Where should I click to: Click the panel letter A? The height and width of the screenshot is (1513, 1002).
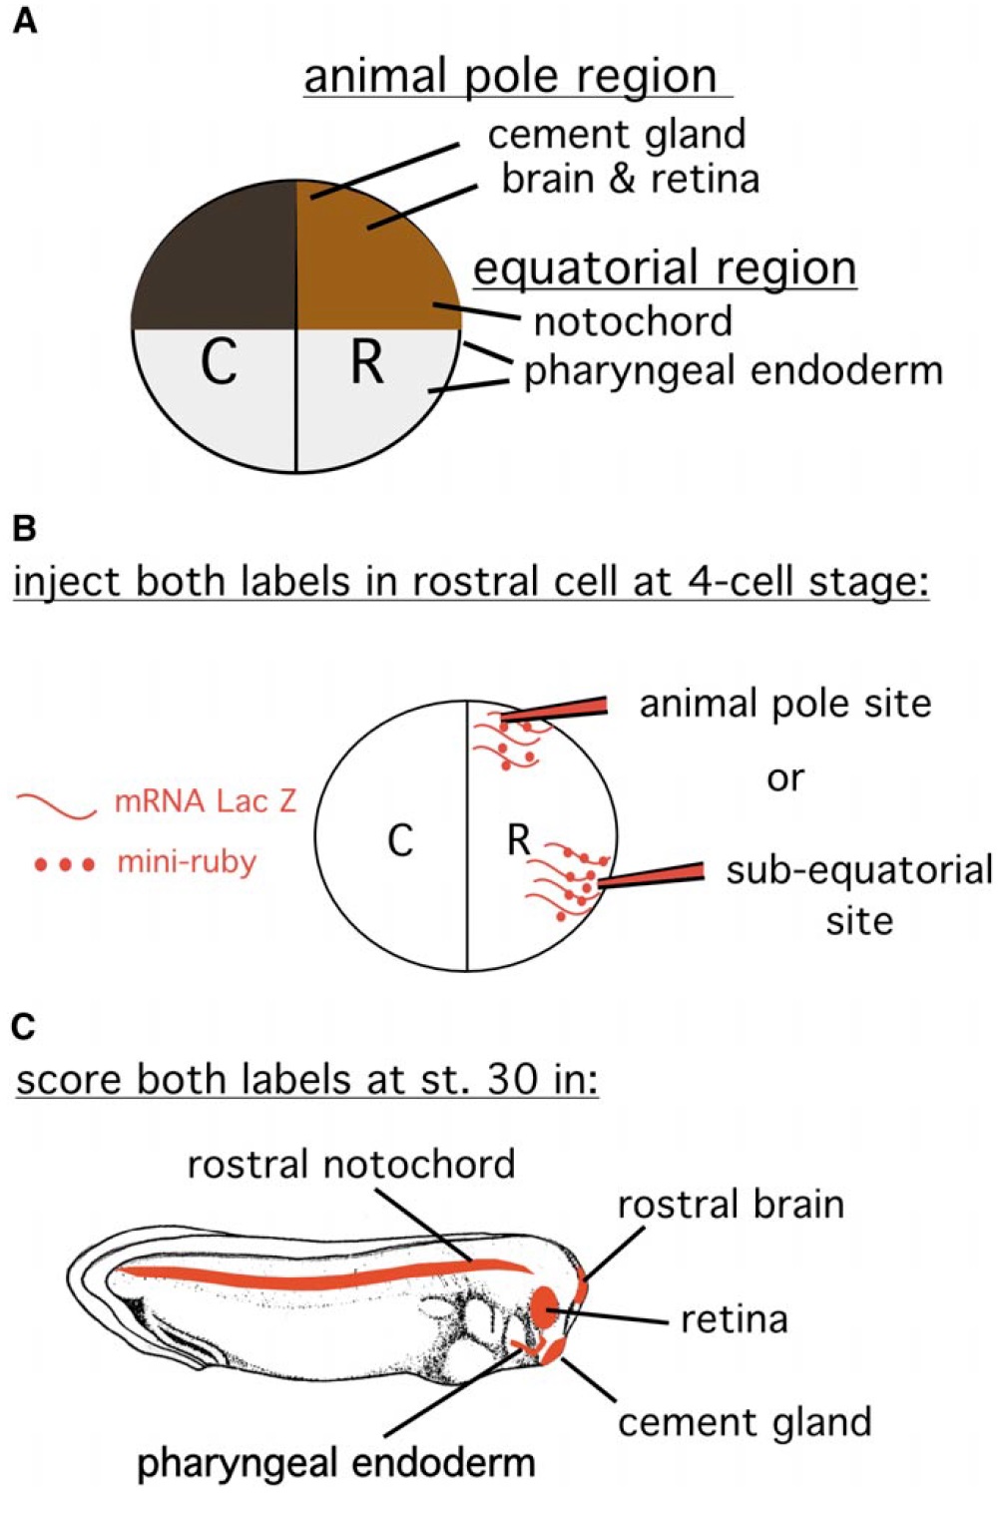(x=24, y=21)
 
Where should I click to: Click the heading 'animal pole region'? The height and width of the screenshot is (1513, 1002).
(x=510, y=77)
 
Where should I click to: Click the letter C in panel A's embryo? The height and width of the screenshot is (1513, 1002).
(x=219, y=361)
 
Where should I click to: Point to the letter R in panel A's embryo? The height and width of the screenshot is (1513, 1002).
(x=366, y=361)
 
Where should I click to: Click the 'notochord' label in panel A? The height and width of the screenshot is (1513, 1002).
(x=633, y=321)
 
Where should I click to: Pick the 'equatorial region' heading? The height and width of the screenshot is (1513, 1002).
(x=664, y=268)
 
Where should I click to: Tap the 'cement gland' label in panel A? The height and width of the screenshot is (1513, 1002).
(x=616, y=135)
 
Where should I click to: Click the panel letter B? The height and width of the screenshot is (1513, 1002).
(x=24, y=528)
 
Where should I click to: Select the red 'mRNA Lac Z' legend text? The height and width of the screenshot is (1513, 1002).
(x=206, y=801)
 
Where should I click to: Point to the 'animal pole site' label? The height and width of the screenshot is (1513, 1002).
(x=784, y=704)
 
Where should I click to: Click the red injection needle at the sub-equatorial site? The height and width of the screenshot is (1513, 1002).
(x=654, y=875)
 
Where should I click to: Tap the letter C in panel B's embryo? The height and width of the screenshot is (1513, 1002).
(x=399, y=840)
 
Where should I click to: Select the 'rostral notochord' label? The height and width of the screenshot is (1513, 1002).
(x=351, y=1165)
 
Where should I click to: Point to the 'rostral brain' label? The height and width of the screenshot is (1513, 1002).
(x=731, y=1205)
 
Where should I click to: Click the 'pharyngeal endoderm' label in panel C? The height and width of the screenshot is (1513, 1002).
(x=335, y=1463)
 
